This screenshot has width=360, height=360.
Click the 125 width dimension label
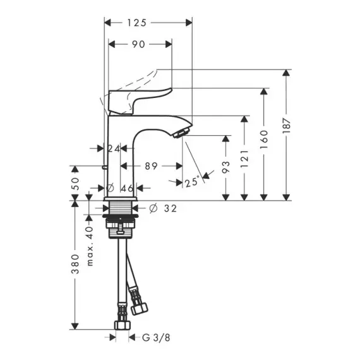tap(137, 23)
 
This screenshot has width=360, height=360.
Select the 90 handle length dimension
tap(138, 44)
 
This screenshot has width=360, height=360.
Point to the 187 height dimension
tap(286, 126)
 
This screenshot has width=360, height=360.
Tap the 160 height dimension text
tap(264, 140)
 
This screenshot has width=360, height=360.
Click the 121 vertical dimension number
tap(244, 159)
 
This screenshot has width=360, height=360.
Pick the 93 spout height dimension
tap(226, 167)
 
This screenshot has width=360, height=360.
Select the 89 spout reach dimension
tap(152, 166)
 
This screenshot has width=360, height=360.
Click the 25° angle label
tap(192, 182)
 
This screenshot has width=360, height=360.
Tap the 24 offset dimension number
tap(114, 149)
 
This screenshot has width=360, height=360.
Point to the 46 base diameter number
tap(127, 188)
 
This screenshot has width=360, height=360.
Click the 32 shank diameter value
tap(171, 208)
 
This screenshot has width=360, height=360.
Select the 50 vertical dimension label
tap(75, 183)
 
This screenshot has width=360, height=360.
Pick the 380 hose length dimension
tap(75, 264)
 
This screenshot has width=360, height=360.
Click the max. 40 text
tap(90, 246)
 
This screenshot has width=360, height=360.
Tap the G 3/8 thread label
tap(156, 337)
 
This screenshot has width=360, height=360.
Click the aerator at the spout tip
tap(181, 133)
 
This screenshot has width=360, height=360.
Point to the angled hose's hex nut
tap(139, 309)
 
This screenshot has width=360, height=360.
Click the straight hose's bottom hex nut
tap(123, 325)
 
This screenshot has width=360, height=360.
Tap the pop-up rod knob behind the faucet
tap(105, 167)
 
